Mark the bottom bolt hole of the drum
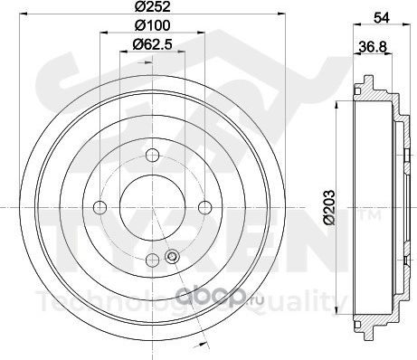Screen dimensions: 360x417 coord(149,260)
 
